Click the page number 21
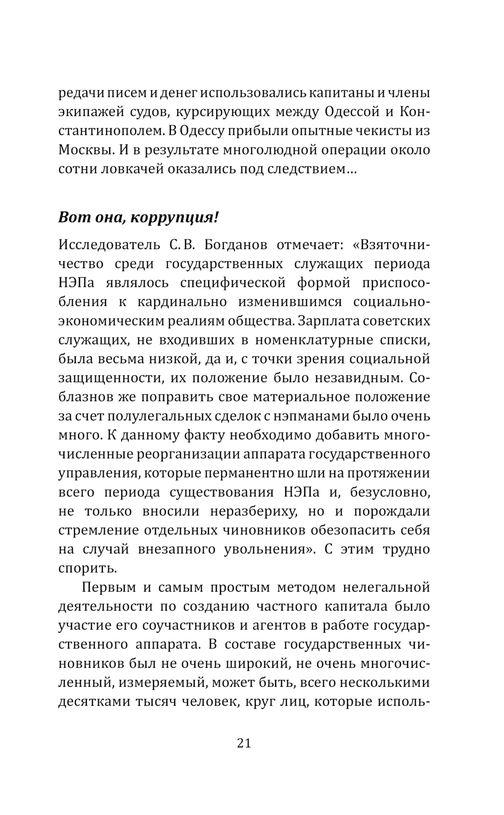(244, 743)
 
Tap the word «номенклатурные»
(319, 340)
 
